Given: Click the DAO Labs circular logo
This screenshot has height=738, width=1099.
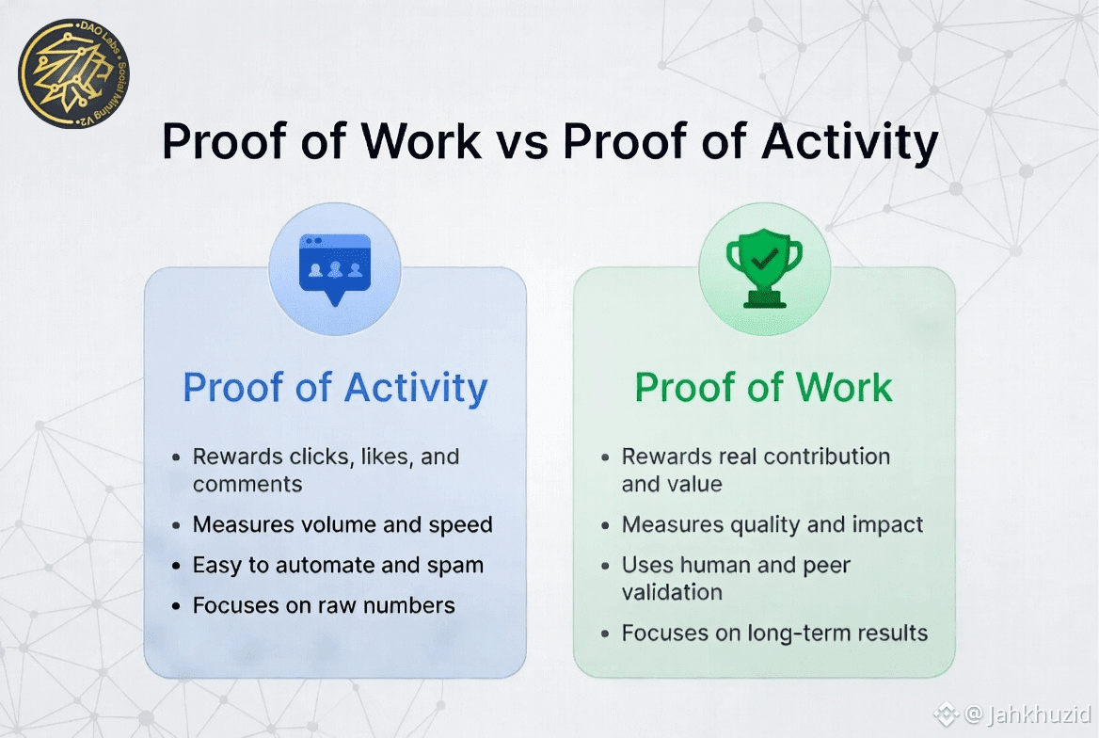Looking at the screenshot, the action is (73, 73).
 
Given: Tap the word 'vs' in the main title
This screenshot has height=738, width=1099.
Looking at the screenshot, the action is (522, 142).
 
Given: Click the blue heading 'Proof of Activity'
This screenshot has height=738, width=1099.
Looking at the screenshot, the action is (335, 388).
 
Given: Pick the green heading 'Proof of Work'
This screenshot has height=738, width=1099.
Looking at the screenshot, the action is (763, 387).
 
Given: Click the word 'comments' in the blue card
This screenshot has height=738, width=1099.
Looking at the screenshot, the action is (247, 484).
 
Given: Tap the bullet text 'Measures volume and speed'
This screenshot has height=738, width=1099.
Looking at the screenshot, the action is (342, 524).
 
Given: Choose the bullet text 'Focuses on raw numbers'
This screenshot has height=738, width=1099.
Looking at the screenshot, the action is (324, 605).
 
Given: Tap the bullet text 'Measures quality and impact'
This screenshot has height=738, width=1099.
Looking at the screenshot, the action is (772, 524).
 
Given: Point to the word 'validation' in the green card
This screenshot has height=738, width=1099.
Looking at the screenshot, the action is (672, 592).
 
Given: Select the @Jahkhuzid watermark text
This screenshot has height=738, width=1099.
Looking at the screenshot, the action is (1027, 714).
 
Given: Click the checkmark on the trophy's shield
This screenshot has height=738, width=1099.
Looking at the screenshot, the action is (763, 260).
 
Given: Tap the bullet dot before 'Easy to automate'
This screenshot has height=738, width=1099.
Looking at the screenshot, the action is (176, 566).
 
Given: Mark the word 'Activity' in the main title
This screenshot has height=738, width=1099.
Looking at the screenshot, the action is (850, 143).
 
